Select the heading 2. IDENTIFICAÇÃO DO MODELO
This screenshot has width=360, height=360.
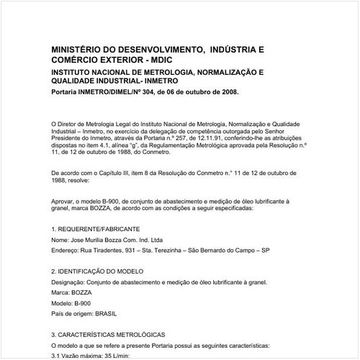point(98,271)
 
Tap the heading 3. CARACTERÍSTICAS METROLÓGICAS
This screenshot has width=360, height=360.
point(108,335)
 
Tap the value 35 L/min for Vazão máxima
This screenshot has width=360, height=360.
point(108,356)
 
